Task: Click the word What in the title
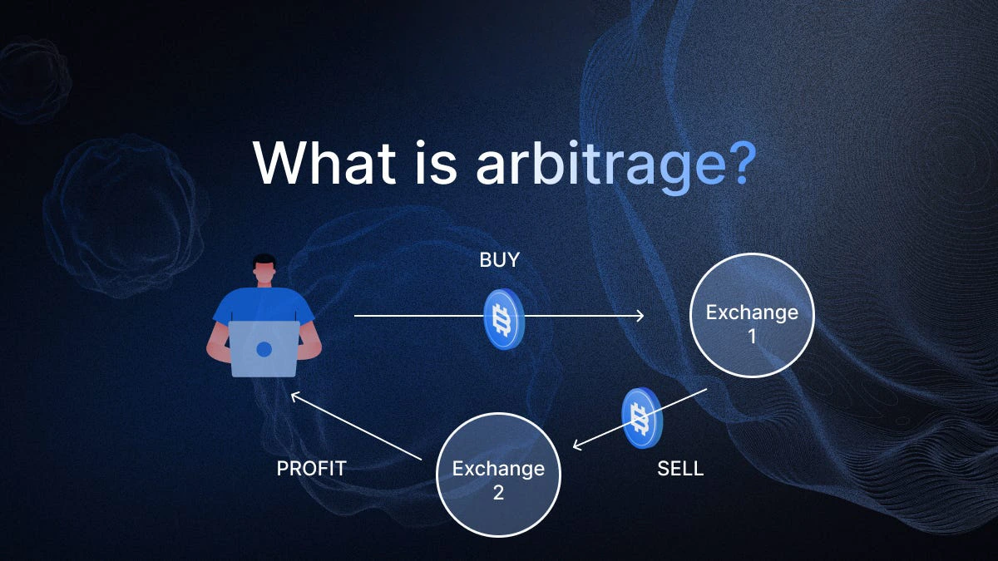(x=324, y=162)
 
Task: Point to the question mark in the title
(x=743, y=163)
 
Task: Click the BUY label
(x=500, y=260)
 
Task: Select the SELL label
(x=680, y=469)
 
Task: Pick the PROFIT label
(x=311, y=469)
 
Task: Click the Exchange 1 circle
(x=752, y=316)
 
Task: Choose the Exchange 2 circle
(x=498, y=475)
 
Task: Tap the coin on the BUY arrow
(x=504, y=319)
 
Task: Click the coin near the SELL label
(x=642, y=418)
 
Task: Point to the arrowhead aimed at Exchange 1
(x=640, y=316)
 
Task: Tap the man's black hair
(x=264, y=260)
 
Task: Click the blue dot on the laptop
(x=264, y=350)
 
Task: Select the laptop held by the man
(x=264, y=349)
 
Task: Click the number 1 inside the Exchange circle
(x=752, y=337)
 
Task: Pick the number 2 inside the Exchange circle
(x=498, y=492)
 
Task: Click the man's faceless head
(x=264, y=270)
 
